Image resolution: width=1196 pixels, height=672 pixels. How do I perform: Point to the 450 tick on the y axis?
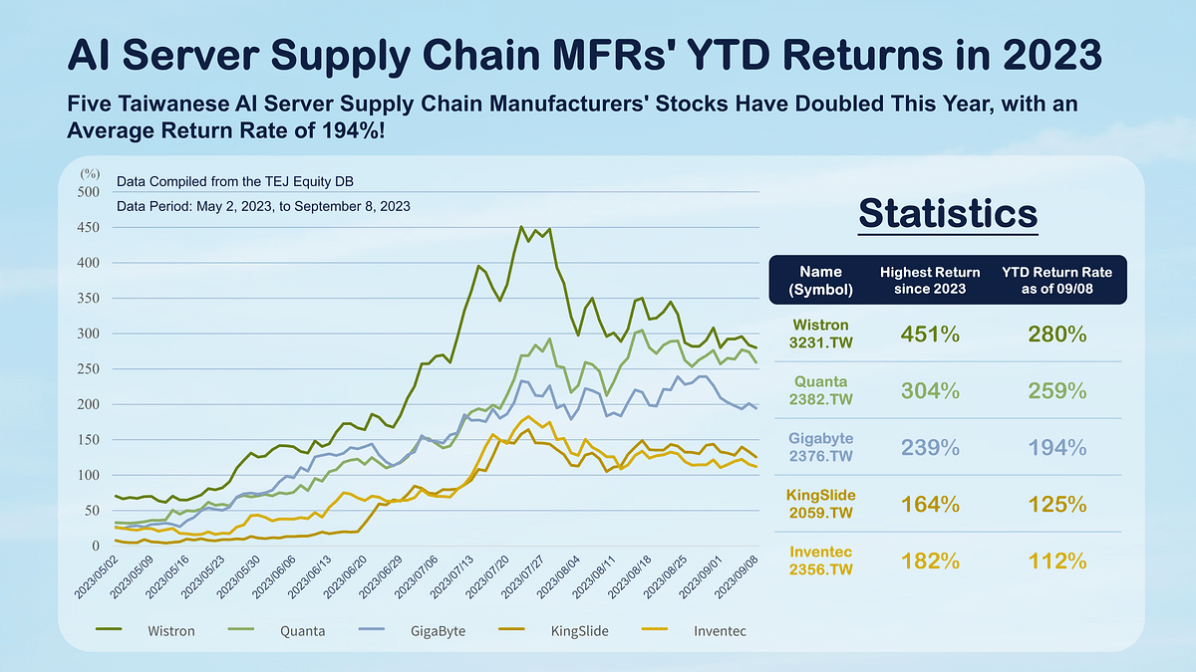[89, 228]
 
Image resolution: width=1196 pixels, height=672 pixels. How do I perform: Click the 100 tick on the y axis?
[89, 476]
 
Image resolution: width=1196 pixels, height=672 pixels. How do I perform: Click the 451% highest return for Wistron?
[931, 335]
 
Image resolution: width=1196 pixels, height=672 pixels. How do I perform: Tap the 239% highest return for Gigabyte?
[931, 448]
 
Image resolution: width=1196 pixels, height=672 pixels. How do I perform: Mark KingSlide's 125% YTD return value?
[1057, 505]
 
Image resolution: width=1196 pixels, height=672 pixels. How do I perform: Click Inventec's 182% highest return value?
[931, 561]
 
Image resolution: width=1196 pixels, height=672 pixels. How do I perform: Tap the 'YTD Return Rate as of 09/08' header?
[1057, 280]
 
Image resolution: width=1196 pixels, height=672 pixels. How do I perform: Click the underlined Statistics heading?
[948, 214]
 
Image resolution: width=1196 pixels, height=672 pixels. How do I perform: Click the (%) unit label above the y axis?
[90, 174]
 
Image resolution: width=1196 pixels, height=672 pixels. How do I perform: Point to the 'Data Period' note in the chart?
[263, 206]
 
